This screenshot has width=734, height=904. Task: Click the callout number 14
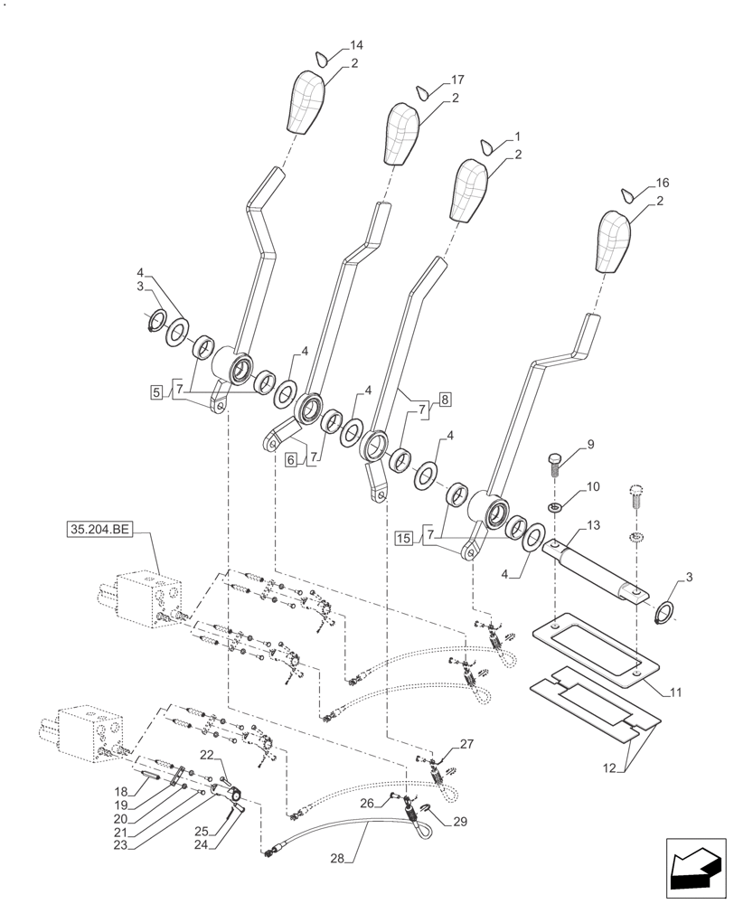pyautogui.click(x=356, y=45)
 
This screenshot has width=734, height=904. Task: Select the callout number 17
pyautogui.click(x=458, y=80)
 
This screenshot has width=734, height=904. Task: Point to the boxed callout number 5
pyautogui.click(x=157, y=391)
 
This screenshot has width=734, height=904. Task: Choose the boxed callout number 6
pyautogui.click(x=291, y=460)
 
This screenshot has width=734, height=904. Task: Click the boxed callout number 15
pyautogui.click(x=403, y=539)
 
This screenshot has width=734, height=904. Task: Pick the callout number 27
pyautogui.click(x=466, y=745)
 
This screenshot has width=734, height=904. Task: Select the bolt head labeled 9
pyautogui.click(x=554, y=460)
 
